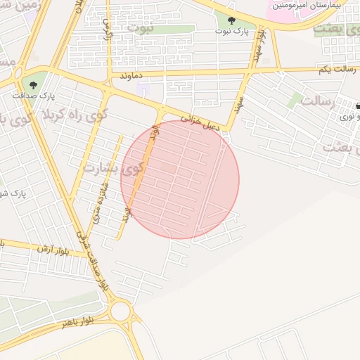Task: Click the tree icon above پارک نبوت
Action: (232, 20)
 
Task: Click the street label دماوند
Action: (131, 74)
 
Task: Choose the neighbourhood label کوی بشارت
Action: (112, 168)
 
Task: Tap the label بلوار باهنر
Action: (76, 323)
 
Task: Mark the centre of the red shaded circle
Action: (180, 179)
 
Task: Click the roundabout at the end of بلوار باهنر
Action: (120, 310)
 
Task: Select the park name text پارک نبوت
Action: (232, 32)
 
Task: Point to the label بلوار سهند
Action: (259, 44)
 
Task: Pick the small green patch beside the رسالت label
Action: (295, 101)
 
